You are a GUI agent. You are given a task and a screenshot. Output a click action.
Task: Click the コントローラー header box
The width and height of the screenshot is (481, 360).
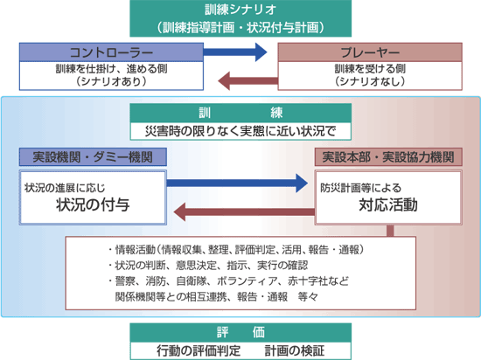pyautogui.click(x=111, y=52)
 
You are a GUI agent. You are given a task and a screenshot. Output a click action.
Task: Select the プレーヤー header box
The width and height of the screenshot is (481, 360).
pyautogui.click(x=370, y=52)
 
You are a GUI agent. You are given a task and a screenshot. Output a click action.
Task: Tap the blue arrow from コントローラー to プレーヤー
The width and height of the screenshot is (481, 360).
pyautogui.click(x=235, y=52)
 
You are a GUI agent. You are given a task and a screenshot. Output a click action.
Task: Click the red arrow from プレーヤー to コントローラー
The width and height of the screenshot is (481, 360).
pyautogui.click(x=247, y=81)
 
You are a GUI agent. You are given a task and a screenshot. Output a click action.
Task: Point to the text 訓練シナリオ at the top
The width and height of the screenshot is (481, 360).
pyautogui.click(x=240, y=10)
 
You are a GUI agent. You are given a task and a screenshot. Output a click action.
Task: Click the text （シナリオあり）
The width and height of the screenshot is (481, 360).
pyautogui.click(x=111, y=81)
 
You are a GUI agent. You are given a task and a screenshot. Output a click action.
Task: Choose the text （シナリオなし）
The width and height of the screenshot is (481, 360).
pyautogui.click(x=370, y=81)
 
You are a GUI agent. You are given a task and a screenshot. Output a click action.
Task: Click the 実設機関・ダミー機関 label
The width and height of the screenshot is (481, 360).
pyautogui.click(x=93, y=157)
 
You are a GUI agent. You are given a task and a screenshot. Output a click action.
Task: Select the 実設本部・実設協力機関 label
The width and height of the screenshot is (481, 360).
pyautogui.click(x=388, y=157)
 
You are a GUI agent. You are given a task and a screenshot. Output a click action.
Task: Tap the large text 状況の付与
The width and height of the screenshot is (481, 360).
pyautogui.click(x=93, y=204)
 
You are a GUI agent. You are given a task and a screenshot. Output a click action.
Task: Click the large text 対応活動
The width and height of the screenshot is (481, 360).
pyautogui.click(x=388, y=204)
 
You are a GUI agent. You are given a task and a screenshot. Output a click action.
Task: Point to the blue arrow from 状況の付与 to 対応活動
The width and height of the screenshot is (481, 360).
pyautogui.click(x=237, y=183)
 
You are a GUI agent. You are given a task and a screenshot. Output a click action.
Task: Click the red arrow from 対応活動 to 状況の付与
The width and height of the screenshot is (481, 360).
pyautogui.click(x=245, y=211)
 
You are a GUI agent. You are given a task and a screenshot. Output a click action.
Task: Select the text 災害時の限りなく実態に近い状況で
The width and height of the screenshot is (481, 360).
pyautogui.click(x=240, y=131)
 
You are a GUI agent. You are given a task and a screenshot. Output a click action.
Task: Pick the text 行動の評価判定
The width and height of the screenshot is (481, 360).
pyautogui.click(x=199, y=350)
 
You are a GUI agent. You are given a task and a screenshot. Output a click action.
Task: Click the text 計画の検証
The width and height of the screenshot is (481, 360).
pyautogui.click(x=295, y=350)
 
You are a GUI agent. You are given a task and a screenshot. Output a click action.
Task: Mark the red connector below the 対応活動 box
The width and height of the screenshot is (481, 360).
pyautogui.click(x=390, y=231)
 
